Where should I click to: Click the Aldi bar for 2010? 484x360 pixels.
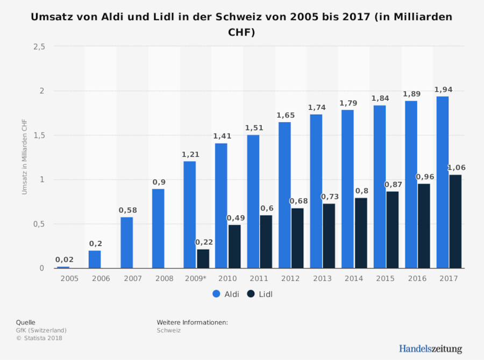pos(221,206)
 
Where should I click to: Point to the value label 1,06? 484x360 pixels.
pos(456,168)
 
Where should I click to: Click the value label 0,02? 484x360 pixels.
pos(64,260)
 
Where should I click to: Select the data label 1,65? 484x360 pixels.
pos(286,115)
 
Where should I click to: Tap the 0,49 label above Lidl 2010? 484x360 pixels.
pos(236,218)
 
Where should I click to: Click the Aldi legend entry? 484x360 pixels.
pos(226,294)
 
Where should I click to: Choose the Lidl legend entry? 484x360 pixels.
pos(260,294)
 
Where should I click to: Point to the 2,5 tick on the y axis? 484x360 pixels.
pos(39,47)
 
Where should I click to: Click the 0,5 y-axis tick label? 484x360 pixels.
pos(39,224)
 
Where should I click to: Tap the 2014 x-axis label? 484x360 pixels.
pos(353,278)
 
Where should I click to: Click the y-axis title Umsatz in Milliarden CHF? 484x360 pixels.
pos(24,157)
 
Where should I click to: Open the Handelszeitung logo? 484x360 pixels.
pos(430,349)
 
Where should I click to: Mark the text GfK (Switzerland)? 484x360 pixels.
pos(41,330)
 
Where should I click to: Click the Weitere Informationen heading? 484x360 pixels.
pos(192,322)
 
